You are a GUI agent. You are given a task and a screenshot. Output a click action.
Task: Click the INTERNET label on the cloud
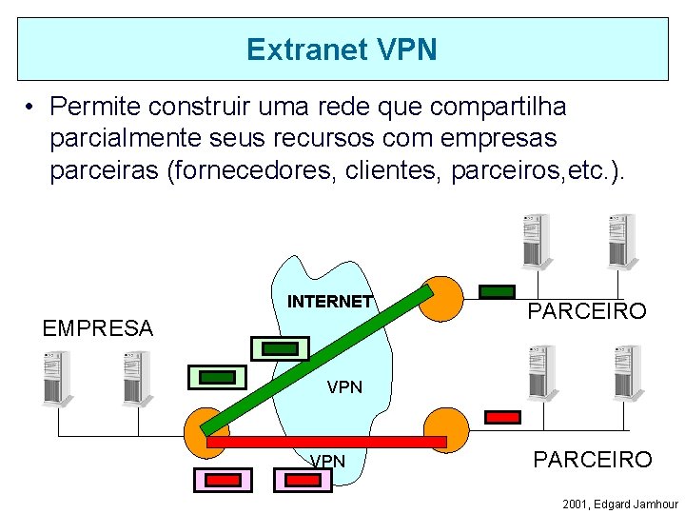point(330,302)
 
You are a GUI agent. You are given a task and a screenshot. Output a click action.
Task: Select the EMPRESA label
point(97,328)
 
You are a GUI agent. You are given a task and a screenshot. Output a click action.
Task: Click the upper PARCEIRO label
point(587,311)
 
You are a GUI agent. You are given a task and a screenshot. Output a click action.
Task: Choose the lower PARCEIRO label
point(592,460)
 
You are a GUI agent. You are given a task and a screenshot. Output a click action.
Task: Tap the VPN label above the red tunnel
point(344,386)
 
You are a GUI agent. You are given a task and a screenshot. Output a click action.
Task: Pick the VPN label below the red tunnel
point(328,462)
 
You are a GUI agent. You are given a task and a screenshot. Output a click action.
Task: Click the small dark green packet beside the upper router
point(496,292)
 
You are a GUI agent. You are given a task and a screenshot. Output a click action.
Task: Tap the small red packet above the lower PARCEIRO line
point(502,417)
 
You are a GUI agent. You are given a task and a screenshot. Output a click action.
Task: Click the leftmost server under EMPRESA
point(57,379)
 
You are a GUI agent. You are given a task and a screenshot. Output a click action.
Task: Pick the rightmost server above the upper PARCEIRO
point(621,241)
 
